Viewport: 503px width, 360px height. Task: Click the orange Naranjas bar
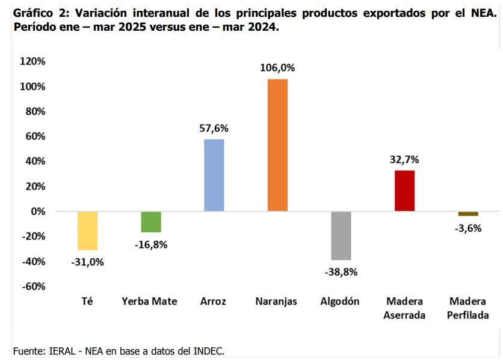point(277,144)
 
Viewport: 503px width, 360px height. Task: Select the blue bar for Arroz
point(214,175)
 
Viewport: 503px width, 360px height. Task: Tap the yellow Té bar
point(88,231)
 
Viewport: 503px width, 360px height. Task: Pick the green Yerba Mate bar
point(151,222)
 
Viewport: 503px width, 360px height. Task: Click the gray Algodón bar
point(341,235)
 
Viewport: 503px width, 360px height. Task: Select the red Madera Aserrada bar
point(404,190)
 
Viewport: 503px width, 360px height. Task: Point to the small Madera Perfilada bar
point(468,214)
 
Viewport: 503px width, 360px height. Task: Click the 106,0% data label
point(277,68)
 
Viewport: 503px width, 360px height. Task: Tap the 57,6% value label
point(214,128)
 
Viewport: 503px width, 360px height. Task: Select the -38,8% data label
point(341,272)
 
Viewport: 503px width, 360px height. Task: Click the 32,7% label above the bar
point(404,160)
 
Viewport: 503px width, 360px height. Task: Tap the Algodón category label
point(341,302)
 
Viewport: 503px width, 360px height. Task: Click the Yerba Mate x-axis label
point(150,302)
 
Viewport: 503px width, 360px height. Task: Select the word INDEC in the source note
point(208,350)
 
